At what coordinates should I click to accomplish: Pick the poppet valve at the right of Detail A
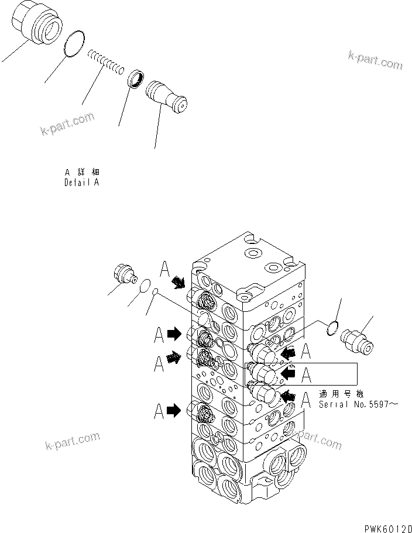[x=166, y=96]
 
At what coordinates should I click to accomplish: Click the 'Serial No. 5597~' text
[x=358, y=404]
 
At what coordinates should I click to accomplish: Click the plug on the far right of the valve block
[x=358, y=340]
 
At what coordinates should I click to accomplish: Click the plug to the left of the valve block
[x=122, y=274]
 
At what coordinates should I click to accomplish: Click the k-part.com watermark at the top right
[x=375, y=59]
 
